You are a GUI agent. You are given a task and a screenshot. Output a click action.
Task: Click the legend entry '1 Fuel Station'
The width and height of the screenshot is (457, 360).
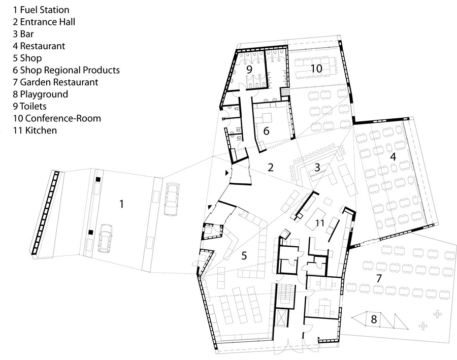[x=41, y=10]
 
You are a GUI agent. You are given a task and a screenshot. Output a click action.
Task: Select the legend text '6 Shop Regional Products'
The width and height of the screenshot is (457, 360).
[x=66, y=70]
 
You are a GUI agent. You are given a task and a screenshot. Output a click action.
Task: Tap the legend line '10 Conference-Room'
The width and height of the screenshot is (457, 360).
[x=57, y=118]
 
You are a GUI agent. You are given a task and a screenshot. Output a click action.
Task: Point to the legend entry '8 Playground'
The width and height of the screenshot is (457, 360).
[x=40, y=94]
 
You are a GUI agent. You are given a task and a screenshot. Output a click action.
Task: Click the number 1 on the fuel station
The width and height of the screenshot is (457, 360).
[x=122, y=204]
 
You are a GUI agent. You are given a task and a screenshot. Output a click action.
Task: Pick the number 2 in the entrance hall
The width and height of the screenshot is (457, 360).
[x=271, y=168]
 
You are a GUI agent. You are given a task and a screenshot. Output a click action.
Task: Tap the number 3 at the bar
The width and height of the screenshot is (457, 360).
[x=317, y=168]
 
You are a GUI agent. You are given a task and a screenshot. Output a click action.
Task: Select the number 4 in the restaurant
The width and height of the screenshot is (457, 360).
[x=393, y=157]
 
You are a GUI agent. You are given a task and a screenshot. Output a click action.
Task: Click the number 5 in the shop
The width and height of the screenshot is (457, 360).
[x=244, y=256]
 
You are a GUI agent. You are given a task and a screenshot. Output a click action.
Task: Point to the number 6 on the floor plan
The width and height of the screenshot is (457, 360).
[x=266, y=131]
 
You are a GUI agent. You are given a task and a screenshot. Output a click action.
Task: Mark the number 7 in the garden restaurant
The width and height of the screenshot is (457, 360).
[x=379, y=278]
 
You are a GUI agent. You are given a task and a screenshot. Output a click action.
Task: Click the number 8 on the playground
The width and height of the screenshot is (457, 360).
[x=374, y=319]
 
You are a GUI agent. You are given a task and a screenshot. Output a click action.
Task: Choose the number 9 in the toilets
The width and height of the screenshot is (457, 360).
[x=249, y=70]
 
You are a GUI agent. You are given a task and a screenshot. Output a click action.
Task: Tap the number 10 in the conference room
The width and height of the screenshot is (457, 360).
[x=316, y=69]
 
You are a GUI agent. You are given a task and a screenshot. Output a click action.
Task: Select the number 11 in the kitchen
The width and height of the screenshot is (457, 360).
[x=320, y=223]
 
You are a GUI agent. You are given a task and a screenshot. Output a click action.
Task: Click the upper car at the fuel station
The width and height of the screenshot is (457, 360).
[x=172, y=199]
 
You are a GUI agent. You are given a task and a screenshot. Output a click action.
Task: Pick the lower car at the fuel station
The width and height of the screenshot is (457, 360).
[x=105, y=239]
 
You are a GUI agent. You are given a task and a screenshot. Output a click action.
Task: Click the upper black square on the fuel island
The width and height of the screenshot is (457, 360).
[x=99, y=180]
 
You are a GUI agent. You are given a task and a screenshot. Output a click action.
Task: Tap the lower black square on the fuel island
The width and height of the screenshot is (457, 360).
[x=91, y=233]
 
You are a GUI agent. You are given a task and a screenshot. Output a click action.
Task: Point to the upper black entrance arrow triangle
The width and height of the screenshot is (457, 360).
[x=227, y=173]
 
